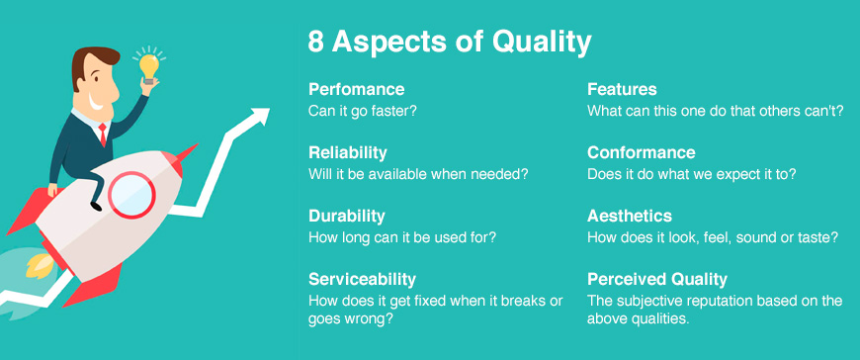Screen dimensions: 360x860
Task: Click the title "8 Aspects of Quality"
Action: point(450,43)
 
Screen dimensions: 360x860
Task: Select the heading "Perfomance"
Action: point(356,90)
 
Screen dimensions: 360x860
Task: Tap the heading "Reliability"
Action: point(347,153)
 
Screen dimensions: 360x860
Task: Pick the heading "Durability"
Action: point(347,216)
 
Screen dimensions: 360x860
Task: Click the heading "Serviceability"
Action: point(362,279)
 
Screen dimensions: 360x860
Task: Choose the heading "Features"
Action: point(622,90)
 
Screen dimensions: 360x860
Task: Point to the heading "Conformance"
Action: point(641,153)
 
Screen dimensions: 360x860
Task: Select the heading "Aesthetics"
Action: point(629,216)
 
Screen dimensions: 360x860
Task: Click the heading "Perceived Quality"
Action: point(657,279)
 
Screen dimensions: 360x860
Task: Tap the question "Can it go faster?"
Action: point(362,111)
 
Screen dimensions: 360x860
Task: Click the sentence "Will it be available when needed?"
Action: point(418,174)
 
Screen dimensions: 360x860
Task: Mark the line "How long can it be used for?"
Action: point(402,237)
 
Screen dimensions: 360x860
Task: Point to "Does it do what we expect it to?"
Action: point(692,174)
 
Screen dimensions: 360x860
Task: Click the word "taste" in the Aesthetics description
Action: point(817,237)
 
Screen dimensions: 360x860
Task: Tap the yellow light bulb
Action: point(148,65)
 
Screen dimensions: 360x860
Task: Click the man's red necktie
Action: point(102,133)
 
